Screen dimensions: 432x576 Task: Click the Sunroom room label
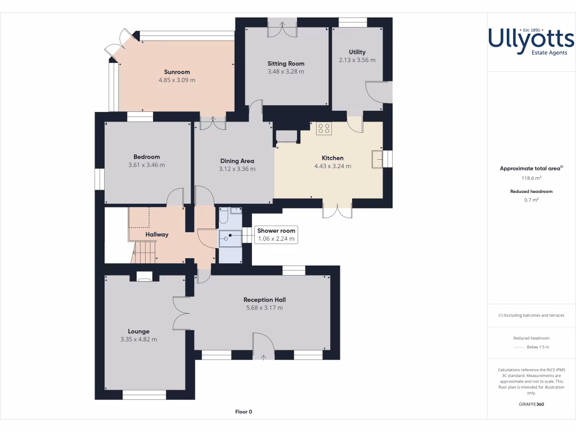coord(177,72)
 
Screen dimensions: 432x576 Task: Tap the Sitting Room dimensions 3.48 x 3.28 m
coord(286,71)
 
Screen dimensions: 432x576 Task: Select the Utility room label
coord(357,52)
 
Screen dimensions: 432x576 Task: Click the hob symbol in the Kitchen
coord(323,128)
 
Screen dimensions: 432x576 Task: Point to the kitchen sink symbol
coord(376,159)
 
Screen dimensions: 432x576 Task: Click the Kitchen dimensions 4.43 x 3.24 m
coord(332,166)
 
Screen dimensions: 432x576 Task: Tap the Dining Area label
coord(237,161)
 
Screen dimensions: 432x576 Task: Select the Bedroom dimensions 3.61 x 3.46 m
coord(146,165)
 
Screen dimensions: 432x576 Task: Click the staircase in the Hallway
coord(144,251)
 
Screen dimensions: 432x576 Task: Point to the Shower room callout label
coord(276,231)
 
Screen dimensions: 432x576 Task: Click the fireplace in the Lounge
coord(144,276)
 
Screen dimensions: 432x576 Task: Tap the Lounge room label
coord(138,331)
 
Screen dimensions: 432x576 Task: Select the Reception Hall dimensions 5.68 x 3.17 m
coord(264,308)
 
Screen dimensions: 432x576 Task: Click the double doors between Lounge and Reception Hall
coord(181,313)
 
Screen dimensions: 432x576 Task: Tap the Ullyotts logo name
coord(531,39)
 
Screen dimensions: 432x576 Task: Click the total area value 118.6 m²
coord(531,178)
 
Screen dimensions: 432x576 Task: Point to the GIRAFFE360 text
coord(531,404)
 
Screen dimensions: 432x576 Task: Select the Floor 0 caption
coord(244,412)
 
